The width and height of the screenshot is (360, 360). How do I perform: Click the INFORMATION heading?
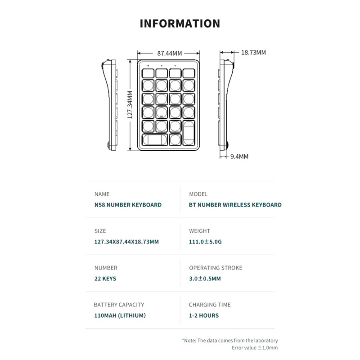pyautogui.click(x=180, y=23)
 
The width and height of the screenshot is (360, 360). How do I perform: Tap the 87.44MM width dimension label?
pyautogui.click(x=169, y=53)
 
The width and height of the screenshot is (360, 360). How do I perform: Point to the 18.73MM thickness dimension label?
pyautogui.click(x=253, y=52)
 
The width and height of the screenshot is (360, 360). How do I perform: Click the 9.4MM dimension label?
pyautogui.click(x=239, y=157)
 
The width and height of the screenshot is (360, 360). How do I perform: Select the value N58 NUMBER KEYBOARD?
pyautogui.click(x=128, y=205)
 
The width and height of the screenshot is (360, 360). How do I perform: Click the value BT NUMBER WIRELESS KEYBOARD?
pyautogui.click(x=235, y=205)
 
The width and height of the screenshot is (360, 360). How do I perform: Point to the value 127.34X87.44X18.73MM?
pyautogui.click(x=126, y=242)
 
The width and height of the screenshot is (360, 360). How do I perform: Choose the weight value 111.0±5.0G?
pyautogui.click(x=206, y=242)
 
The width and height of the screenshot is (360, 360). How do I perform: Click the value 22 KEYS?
pyautogui.click(x=105, y=279)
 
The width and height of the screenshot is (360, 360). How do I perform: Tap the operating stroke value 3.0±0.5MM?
pyautogui.click(x=205, y=279)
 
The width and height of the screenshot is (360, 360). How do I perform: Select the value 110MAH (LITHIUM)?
pyautogui.click(x=120, y=315)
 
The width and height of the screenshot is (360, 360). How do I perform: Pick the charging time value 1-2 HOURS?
pyautogui.click(x=204, y=315)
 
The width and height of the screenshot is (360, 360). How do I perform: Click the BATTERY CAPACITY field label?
pyautogui.click(x=119, y=305)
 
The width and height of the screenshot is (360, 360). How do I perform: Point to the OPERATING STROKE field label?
pyautogui.click(x=216, y=268)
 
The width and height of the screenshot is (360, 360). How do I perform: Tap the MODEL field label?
pyautogui.click(x=198, y=194)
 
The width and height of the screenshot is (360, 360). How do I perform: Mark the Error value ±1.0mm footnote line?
pyautogui.click(x=255, y=348)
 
